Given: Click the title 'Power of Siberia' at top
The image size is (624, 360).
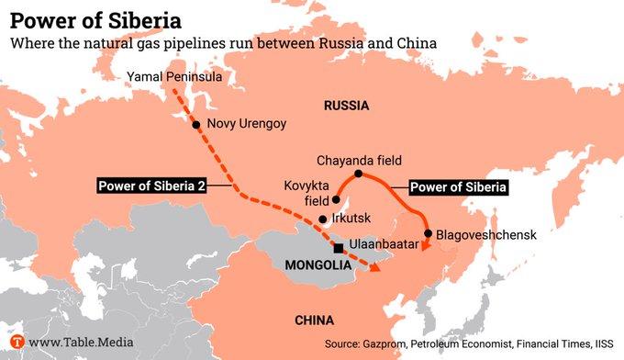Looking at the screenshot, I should [x=95, y=19].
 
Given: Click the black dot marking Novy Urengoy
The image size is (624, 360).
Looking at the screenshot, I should [x=195, y=124].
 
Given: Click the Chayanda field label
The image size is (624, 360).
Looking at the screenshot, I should [x=359, y=159].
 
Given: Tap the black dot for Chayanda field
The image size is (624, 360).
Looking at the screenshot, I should [x=359, y=174].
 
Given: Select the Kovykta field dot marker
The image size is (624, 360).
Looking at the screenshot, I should [x=336, y=199].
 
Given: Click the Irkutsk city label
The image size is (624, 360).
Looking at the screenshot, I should [x=350, y=219].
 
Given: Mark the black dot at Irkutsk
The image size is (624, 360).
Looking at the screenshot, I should [x=322, y=219].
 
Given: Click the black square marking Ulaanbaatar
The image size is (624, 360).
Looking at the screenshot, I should [x=339, y=248].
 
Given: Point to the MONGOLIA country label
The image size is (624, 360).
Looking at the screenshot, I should [x=318, y=265].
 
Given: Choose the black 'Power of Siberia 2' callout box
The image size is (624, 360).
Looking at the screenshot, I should [x=152, y=186].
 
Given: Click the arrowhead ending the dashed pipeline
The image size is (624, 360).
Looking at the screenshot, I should [x=376, y=267].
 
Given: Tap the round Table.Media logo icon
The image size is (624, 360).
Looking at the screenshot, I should [x=16, y=343].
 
